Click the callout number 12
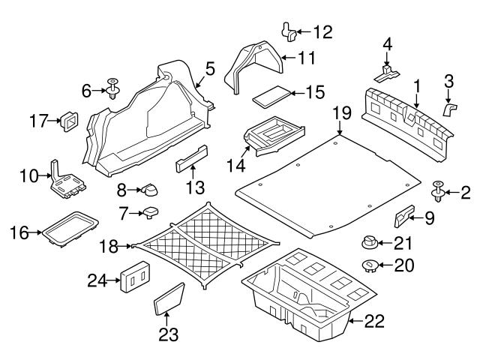(322, 31)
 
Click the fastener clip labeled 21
(369, 241)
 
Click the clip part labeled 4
(387, 72)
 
